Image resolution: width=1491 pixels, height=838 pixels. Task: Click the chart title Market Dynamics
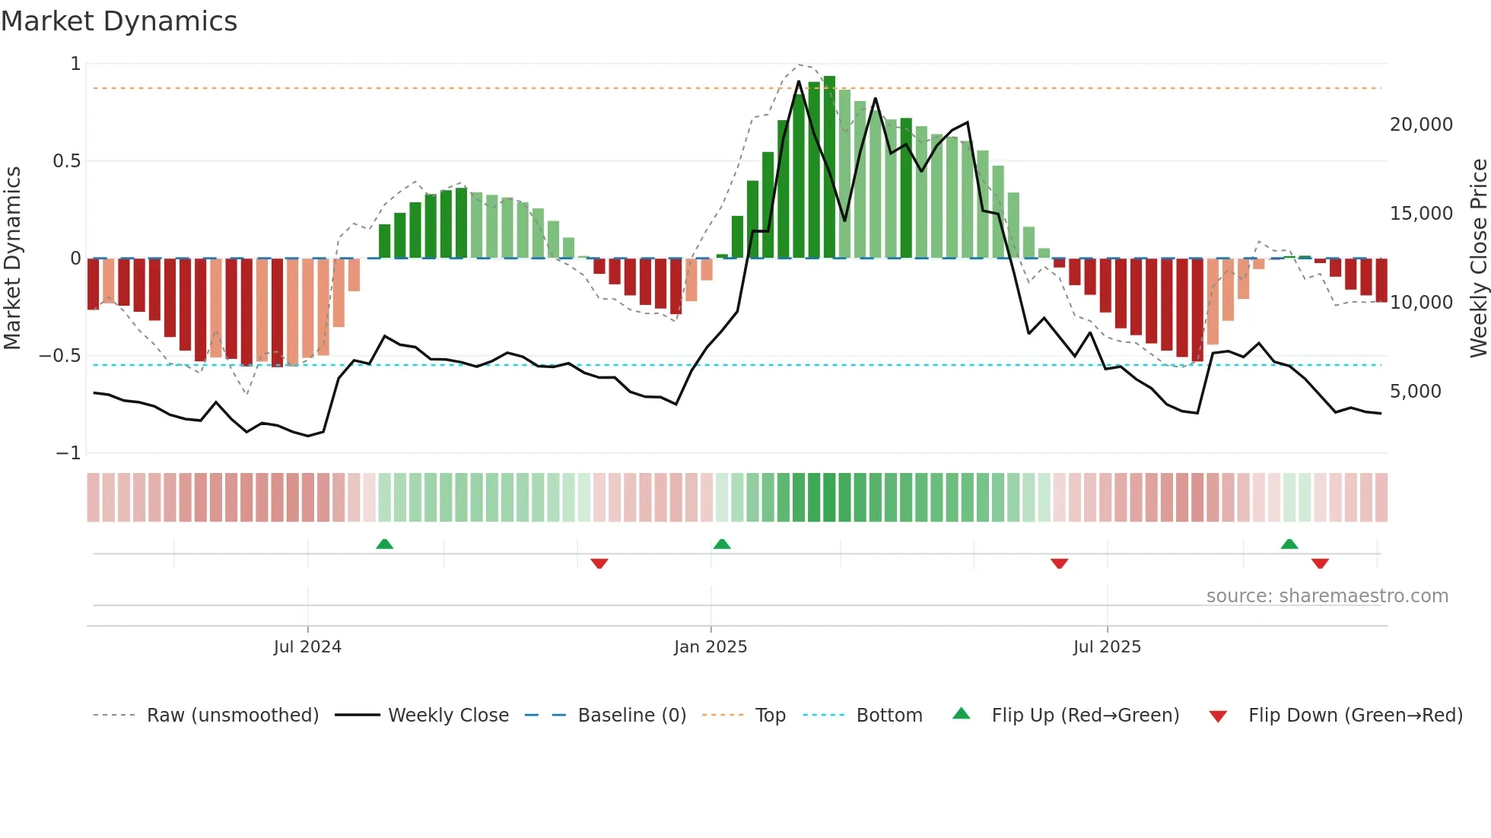119,21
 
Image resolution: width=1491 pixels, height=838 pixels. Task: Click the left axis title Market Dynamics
12,258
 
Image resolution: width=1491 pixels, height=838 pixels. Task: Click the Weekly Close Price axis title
1478,258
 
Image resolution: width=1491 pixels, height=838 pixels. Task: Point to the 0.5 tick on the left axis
66,161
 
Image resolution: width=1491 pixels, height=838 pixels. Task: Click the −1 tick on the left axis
68,453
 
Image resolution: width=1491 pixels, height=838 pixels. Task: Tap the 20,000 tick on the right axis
1421,125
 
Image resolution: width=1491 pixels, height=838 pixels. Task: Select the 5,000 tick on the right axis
1415,392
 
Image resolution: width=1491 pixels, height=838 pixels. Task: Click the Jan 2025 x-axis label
711,647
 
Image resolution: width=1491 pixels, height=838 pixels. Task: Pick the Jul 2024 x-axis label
307,647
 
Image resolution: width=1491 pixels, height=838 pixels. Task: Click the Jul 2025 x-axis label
1107,647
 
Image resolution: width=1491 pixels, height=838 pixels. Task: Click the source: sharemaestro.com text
1327,596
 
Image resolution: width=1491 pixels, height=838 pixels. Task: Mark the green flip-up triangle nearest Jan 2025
722,544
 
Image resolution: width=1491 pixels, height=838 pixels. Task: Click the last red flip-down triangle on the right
1320,563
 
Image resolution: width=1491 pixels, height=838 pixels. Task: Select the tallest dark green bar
829,167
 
